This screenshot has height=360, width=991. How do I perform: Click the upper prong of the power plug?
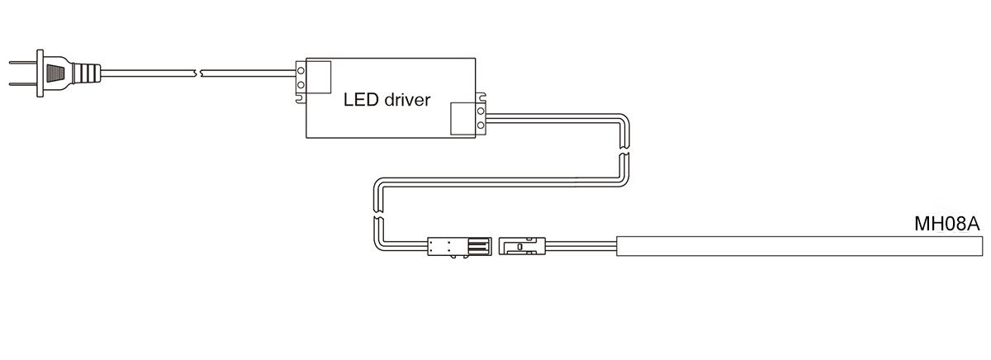[23, 63]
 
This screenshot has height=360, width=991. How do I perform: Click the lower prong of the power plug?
[23, 83]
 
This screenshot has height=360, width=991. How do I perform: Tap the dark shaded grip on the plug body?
[55, 73]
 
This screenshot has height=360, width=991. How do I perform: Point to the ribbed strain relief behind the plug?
[87, 73]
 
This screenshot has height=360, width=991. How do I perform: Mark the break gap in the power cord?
[198, 73]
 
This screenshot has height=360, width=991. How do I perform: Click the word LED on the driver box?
[361, 100]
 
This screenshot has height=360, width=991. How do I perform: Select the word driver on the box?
[407, 100]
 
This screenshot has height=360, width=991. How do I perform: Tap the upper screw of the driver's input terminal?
[301, 70]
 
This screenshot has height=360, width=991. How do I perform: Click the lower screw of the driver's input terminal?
[301, 84]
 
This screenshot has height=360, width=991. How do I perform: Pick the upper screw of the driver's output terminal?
[481, 111]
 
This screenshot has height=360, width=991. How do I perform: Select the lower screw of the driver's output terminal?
[481, 126]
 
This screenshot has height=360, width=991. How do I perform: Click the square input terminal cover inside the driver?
[319, 77]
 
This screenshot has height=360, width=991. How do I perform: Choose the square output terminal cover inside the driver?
[462, 119]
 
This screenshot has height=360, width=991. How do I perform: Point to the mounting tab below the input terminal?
[301, 98]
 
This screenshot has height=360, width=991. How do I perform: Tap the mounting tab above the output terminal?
[481, 97]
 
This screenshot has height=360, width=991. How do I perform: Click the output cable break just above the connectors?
[377, 215]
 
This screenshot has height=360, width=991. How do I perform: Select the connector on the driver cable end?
[459, 247]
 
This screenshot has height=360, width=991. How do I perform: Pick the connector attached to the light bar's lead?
[522, 246]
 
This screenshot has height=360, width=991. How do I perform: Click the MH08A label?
[946, 224]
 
